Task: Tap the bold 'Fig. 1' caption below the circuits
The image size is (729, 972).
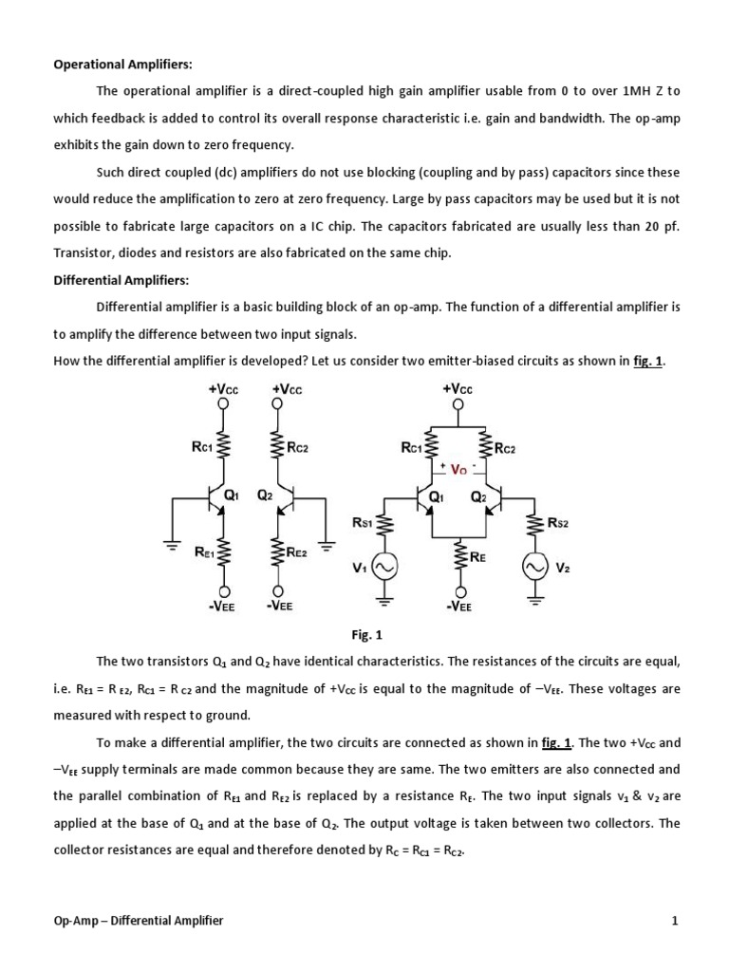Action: [365, 635]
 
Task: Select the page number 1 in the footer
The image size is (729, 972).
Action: [675, 920]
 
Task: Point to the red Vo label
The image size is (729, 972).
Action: [458, 469]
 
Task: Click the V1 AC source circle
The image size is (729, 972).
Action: [386, 568]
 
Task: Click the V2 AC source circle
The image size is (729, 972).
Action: [533, 568]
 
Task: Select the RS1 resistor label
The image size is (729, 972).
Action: [363, 521]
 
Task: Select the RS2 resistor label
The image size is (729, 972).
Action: [559, 521]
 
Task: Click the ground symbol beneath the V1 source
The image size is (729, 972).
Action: [386, 599]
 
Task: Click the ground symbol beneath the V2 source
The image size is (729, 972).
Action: [533, 599]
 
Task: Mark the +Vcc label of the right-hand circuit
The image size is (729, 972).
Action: [458, 389]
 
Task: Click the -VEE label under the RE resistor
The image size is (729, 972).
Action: [458, 607]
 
